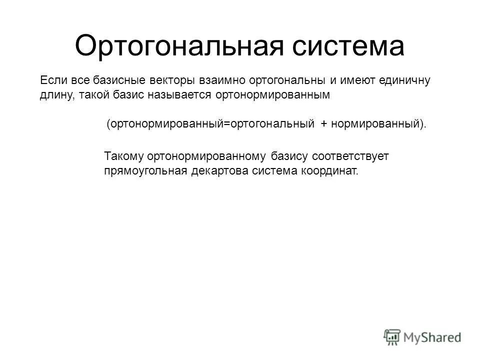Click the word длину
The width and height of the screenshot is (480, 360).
pyautogui.click(x=55, y=95)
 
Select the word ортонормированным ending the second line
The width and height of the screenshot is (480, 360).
pyautogui.click(x=272, y=95)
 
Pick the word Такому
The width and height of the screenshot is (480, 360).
pyautogui.click(x=123, y=156)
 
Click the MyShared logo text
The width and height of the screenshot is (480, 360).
pyautogui.click(x=433, y=337)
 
